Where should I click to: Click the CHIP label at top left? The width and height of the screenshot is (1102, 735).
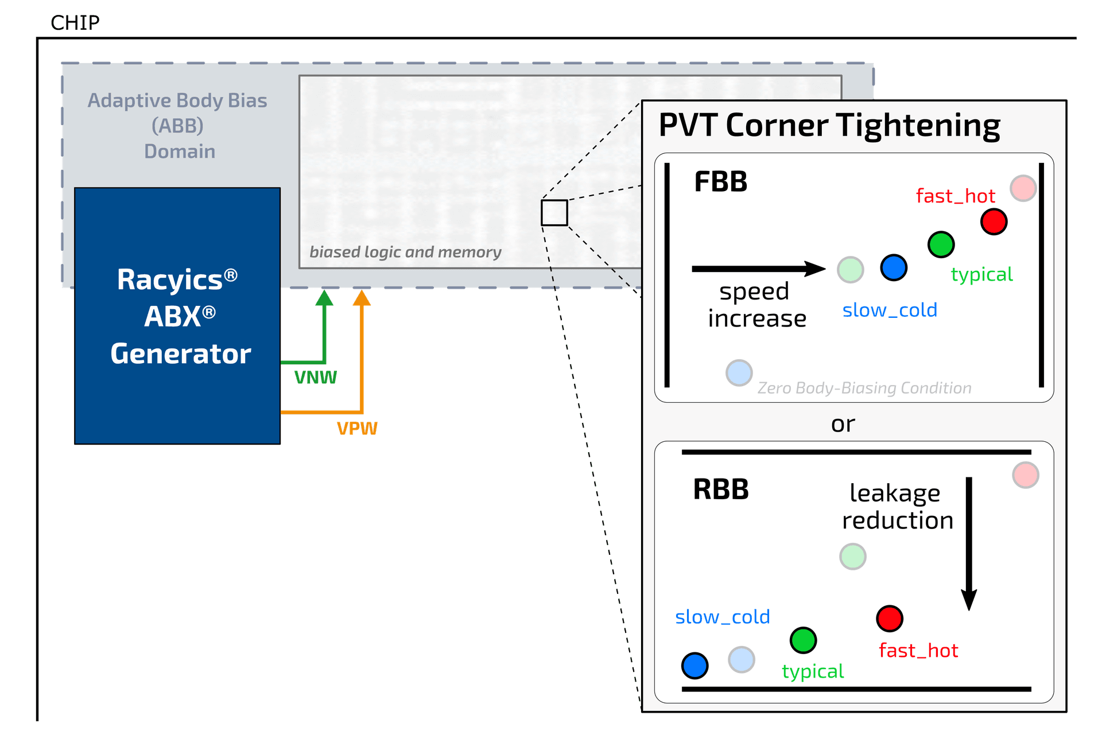coord(75,23)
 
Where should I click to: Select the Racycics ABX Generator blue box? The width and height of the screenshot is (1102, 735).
coord(177,316)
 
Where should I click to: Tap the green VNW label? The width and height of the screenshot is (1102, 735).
coord(315,377)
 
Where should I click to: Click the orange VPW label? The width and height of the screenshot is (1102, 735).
coord(357,428)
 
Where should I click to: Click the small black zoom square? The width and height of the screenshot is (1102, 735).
coord(554,213)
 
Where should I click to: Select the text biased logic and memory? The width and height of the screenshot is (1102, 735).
coord(405,252)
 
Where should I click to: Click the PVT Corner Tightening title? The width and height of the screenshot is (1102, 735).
coord(829,126)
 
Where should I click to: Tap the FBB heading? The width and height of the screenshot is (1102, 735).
coord(720,182)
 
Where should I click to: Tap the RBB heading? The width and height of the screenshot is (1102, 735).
coord(720,489)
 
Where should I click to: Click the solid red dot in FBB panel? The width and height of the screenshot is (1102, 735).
coord(994,221)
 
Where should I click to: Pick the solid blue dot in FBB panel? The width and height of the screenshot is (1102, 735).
coord(894,267)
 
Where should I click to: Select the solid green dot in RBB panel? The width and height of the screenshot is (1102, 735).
coord(803,640)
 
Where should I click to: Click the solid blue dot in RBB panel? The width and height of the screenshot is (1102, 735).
coord(694,666)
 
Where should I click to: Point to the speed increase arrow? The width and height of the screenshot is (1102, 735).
coord(758,269)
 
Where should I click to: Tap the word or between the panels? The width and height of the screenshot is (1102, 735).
coord(843,424)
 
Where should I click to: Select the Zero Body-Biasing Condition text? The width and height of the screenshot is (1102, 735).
coord(864,388)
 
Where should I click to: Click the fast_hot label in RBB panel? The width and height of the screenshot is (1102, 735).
coord(918,651)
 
